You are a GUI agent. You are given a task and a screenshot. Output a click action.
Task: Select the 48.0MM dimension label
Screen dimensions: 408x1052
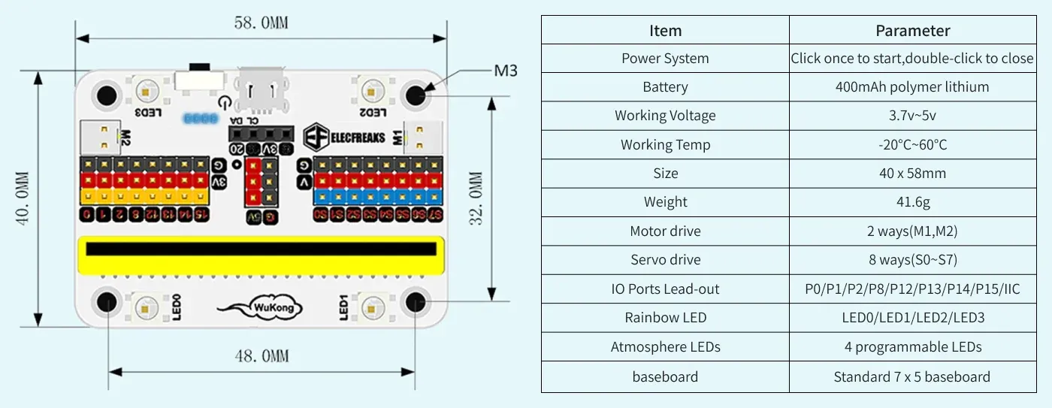coord(261,355)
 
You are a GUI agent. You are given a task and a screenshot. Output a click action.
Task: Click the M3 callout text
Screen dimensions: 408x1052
coord(505,71)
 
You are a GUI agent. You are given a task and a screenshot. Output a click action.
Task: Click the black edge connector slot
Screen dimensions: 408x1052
coord(260,249)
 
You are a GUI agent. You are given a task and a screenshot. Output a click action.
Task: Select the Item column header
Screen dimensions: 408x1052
coord(665,31)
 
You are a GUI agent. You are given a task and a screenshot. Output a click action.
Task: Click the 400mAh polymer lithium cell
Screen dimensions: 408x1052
coord(912,87)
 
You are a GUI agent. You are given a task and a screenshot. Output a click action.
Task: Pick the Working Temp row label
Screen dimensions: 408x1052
coord(665,145)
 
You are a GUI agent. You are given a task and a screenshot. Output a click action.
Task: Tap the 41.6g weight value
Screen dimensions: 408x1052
coord(912,202)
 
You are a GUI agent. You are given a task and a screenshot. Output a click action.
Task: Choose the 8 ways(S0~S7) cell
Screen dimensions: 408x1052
coord(912,260)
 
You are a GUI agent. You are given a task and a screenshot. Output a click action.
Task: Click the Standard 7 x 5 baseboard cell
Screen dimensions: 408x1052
coord(912,377)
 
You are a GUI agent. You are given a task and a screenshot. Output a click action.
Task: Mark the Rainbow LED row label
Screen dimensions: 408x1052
coord(665,318)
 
